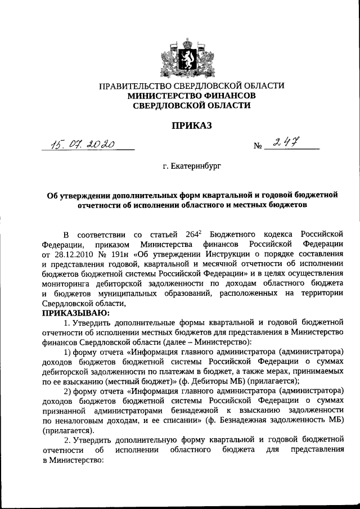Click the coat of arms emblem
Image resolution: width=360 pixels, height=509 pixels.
point(180,53)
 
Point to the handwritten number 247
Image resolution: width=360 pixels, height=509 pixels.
point(285,144)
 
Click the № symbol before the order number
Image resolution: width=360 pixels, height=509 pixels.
point(259,147)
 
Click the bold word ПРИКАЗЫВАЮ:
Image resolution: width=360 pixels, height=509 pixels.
point(74,313)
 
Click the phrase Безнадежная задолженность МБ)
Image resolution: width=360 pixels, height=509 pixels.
point(286,418)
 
